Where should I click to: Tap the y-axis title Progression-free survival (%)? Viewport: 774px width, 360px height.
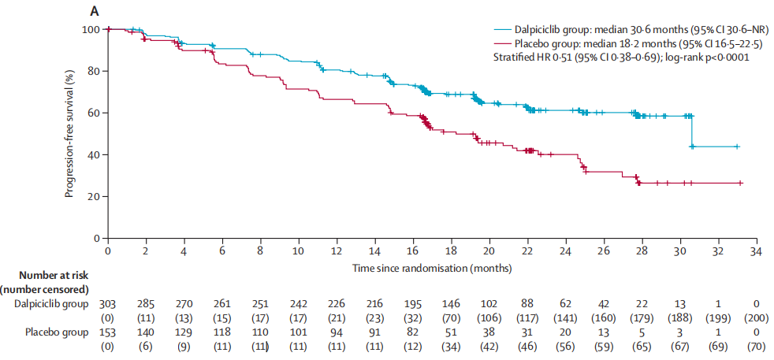click(70, 134)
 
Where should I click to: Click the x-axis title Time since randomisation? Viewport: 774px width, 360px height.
click(433, 268)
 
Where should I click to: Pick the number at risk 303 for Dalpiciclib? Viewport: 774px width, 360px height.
click(107, 302)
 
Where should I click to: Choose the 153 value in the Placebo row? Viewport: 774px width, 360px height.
click(107, 332)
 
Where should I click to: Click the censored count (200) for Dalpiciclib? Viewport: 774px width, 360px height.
click(756, 317)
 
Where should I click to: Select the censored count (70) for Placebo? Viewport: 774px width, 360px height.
click(756, 347)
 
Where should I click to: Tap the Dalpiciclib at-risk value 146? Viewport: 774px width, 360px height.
click(451, 302)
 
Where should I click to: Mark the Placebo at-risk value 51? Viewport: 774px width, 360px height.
click(451, 332)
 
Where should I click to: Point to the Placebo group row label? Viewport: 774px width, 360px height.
click(61, 332)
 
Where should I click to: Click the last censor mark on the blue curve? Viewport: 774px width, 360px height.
click(737, 147)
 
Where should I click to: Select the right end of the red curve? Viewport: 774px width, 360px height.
click(743, 183)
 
